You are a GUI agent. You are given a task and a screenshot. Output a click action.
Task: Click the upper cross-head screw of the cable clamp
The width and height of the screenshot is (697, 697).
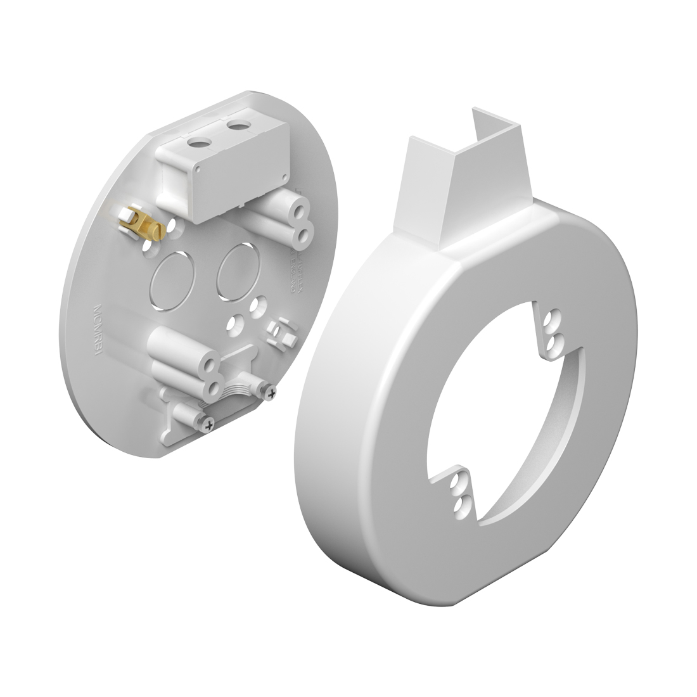pos(272,394)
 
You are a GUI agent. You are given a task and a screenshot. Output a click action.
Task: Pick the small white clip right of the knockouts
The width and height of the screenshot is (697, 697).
pos(282,331)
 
